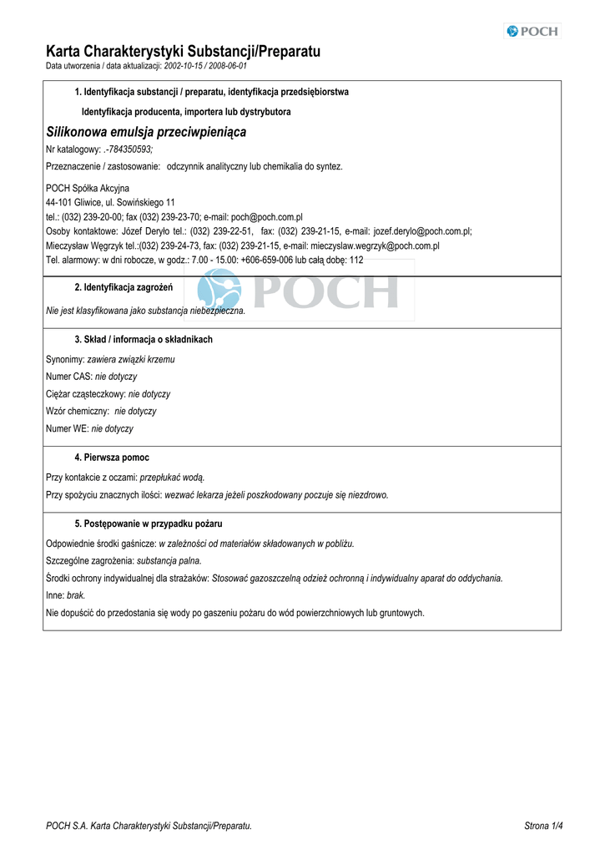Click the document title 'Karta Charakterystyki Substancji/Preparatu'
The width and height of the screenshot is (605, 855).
[183, 52]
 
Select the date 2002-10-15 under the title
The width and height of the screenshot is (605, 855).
[184, 65]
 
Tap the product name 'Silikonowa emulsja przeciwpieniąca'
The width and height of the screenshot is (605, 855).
[146, 132]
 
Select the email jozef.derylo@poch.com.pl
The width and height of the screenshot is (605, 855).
[422, 231]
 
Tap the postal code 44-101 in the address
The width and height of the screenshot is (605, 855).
[60, 203]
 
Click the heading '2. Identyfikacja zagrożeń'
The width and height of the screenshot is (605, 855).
[124, 288]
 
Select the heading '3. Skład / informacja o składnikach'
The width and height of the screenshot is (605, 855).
[144, 340]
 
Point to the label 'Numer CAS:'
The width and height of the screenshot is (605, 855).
[68, 377]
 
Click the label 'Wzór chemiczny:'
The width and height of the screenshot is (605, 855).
[78, 412]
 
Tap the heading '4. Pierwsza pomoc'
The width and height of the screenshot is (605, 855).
[112, 458]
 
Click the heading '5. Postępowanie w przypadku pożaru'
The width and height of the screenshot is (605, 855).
[149, 524]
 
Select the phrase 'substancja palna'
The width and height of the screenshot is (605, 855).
[169, 561]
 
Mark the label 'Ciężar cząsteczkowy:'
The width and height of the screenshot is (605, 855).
[86, 394]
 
